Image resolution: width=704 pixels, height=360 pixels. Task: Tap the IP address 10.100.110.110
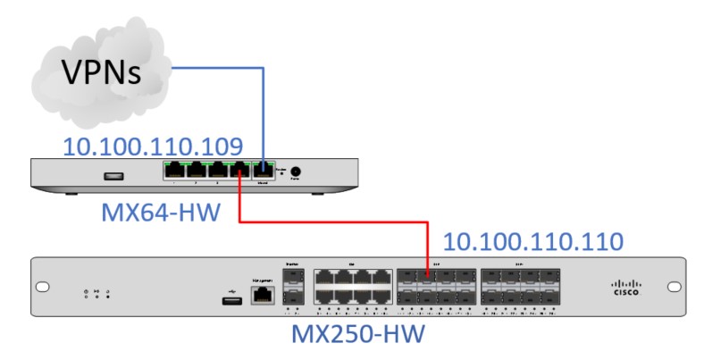[x=533, y=241]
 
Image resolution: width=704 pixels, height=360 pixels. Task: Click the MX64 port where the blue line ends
[x=264, y=170]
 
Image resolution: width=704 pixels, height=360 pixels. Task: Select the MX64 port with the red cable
[x=241, y=170]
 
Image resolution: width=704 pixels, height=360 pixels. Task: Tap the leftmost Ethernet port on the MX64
[x=174, y=170]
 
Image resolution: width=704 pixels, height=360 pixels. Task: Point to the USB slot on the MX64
[x=113, y=175]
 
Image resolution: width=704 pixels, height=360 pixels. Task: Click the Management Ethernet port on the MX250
[x=262, y=297]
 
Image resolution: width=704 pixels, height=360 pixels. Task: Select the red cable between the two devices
[x=331, y=223]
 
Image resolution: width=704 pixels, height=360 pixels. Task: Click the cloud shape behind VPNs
[x=54, y=98]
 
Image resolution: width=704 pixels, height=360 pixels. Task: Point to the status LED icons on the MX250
[x=95, y=293]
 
